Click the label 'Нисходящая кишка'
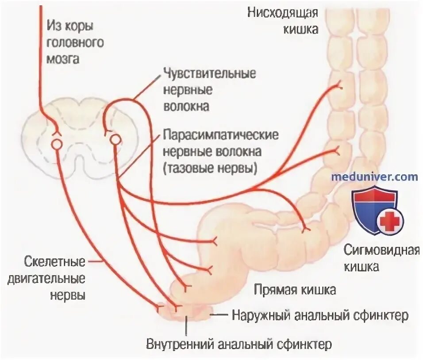[282, 20]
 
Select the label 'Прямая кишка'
[295, 290]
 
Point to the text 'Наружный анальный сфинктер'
[319, 316]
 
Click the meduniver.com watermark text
[374, 177]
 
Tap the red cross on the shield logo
[389, 221]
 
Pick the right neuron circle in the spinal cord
[115, 140]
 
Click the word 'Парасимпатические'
[220, 134]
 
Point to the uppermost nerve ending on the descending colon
[340, 84]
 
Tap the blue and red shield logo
[376, 210]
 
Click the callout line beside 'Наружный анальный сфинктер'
[218, 315]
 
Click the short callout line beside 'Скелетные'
[93, 262]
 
